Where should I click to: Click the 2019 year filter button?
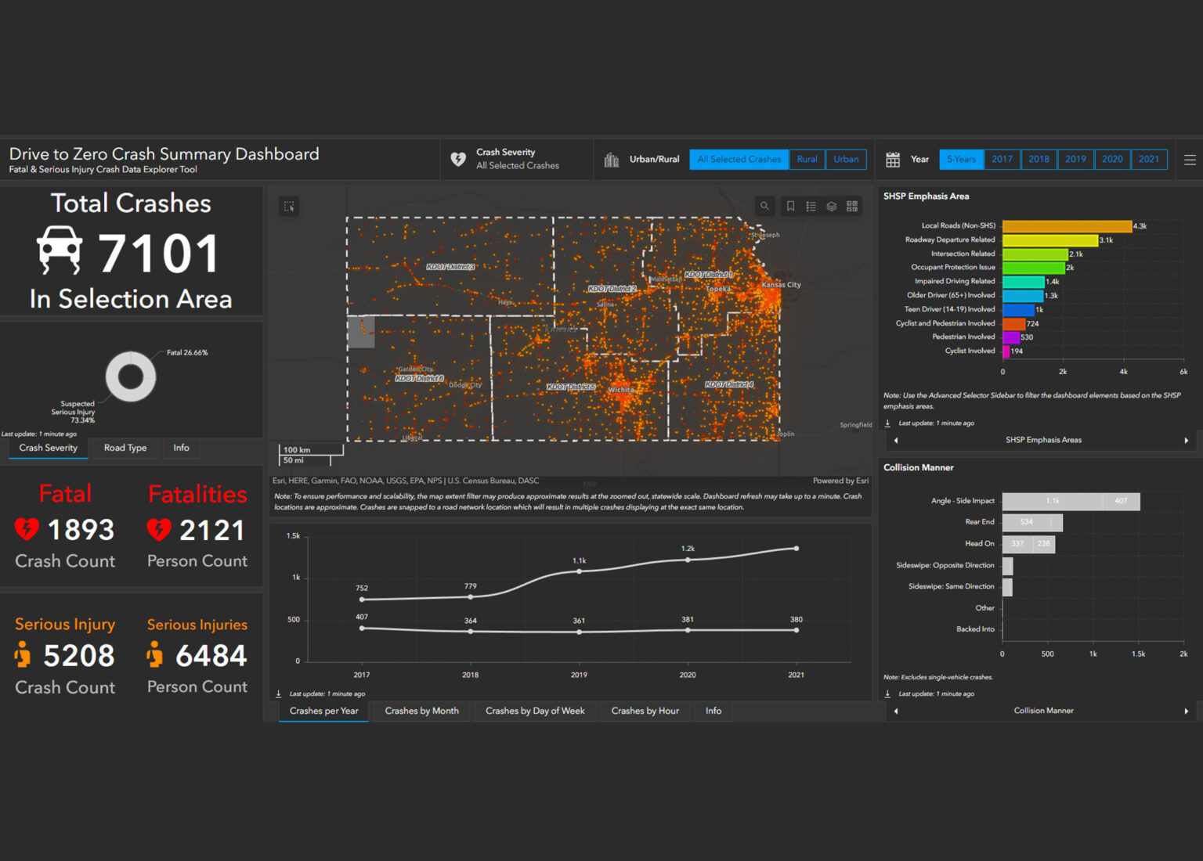tap(1075, 159)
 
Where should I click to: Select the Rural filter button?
tap(807, 159)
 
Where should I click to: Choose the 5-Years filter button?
tap(961, 159)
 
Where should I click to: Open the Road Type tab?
tap(125, 448)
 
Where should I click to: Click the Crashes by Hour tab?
tap(645, 711)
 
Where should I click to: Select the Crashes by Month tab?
tap(421, 711)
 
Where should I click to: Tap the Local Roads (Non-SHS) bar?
tap(1067, 226)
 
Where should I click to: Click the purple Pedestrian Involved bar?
tap(1011, 337)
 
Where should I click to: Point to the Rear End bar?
tap(1031, 522)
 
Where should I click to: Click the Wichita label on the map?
tap(621, 390)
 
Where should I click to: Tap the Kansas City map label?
tap(781, 285)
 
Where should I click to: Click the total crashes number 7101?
tap(159, 254)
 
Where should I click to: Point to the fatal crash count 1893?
tap(81, 530)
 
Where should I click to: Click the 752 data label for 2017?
tap(362, 588)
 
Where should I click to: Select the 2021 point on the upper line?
tap(797, 548)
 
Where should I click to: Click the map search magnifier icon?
tap(764, 206)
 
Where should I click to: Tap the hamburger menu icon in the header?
tap(1190, 160)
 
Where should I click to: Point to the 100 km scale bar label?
tap(297, 450)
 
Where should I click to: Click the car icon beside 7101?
tap(60, 250)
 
